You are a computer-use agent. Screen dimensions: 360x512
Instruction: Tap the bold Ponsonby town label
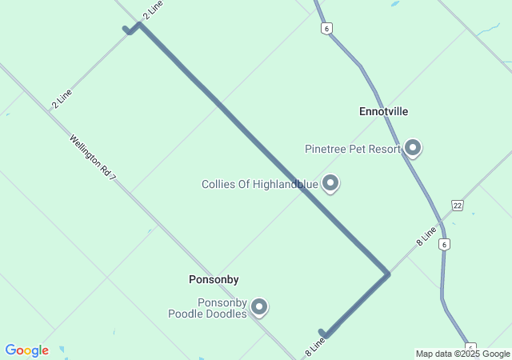[x=214, y=280]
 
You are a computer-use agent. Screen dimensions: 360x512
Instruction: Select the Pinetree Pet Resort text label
[x=352, y=149]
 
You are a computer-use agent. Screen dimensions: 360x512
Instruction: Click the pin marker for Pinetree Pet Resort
[x=413, y=147]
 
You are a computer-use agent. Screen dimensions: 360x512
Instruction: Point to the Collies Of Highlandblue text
[x=260, y=185]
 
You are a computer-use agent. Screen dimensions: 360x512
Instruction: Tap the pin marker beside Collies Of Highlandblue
[x=330, y=183]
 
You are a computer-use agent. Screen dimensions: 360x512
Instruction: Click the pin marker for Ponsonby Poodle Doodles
[x=259, y=306]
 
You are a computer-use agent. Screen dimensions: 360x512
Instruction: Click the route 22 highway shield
[x=457, y=205]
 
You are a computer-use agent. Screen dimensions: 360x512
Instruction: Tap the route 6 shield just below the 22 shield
[x=445, y=243]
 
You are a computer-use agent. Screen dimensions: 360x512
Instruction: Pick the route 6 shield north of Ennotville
[x=326, y=28]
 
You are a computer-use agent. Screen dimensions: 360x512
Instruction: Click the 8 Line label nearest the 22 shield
[x=426, y=238]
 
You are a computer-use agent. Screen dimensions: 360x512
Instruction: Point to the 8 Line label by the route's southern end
[x=314, y=346]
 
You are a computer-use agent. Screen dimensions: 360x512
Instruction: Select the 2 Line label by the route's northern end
[x=152, y=10]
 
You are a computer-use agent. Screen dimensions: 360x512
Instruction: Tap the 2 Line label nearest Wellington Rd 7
[x=62, y=98]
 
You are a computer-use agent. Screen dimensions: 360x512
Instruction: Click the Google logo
[x=26, y=350]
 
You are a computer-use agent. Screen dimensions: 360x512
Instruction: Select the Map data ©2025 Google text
[x=462, y=354]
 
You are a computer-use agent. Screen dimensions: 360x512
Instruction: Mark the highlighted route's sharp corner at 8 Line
[x=388, y=274]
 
